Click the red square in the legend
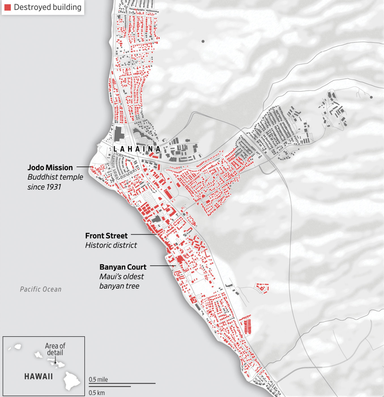[8, 7]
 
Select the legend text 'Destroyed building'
[48, 7]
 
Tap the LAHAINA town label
[137, 149]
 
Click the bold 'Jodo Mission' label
[50, 167]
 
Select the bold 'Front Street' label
[106, 236]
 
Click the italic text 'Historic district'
[111, 245]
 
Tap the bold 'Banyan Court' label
[123, 267]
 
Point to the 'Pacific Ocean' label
[40, 289]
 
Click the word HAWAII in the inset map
[39, 377]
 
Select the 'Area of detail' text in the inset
[55, 349]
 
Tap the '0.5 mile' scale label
[98, 379]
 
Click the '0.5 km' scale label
[97, 393]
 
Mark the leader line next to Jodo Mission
[84, 167]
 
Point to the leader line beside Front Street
[144, 235]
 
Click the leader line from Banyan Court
[163, 266]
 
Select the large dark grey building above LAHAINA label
[119, 134]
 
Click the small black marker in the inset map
[55, 362]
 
